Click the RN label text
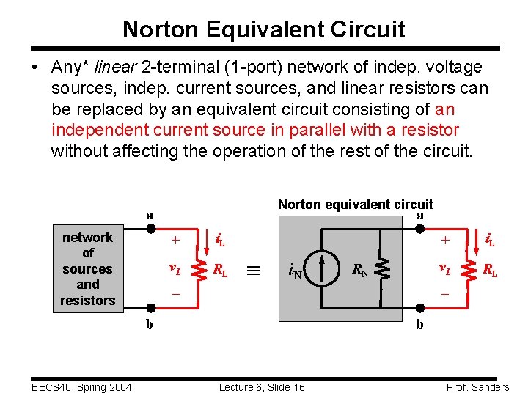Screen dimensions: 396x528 click(x=360, y=271)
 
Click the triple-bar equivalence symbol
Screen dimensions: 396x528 click(x=252, y=270)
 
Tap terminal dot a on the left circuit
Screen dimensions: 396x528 click(x=150, y=228)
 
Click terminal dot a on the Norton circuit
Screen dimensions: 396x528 click(x=420, y=228)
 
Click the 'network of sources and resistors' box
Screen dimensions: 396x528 click(x=88, y=268)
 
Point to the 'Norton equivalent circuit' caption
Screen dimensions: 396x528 click(x=356, y=205)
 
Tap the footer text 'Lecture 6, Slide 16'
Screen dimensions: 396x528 click(x=262, y=387)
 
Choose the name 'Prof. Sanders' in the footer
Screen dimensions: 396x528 click(x=477, y=387)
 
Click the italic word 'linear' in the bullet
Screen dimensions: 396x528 click(x=113, y=67)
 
